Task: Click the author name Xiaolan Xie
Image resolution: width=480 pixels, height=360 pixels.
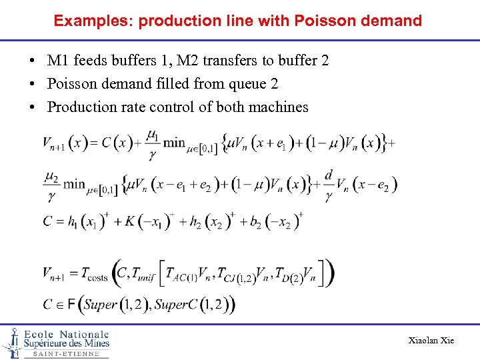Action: [x=431, y=341]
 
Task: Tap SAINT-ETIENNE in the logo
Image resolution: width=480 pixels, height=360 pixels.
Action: [x=66, y=354]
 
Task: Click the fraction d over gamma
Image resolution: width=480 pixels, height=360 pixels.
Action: [x=328, y=185]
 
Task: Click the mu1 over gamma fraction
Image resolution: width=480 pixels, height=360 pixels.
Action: [x=153, y=144]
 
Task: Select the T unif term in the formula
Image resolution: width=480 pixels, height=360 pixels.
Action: [x=143, y=273]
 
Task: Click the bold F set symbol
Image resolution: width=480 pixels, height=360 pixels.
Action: [x=67, y=305]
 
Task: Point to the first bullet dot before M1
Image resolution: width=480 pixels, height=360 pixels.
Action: [x=32, y=61]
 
